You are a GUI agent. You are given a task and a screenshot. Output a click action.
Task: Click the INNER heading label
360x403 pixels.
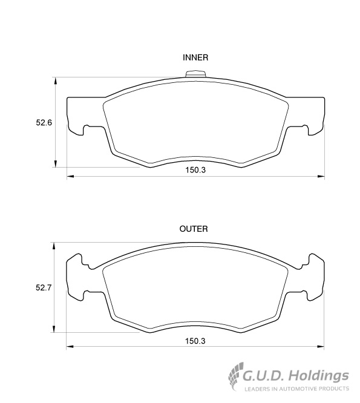195,57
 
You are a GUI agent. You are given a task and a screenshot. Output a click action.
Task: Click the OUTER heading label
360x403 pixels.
194,229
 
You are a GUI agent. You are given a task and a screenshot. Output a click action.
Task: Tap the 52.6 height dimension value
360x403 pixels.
44,123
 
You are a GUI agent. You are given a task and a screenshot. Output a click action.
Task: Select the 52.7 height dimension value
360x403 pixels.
44,288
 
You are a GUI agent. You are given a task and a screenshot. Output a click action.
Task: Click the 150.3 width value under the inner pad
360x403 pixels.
195,170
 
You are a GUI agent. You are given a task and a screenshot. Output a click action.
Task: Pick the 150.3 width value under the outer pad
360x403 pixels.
195,341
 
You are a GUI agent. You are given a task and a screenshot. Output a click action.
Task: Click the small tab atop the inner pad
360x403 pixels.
195,73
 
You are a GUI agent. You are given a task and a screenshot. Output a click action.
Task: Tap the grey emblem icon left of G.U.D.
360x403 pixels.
235,376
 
